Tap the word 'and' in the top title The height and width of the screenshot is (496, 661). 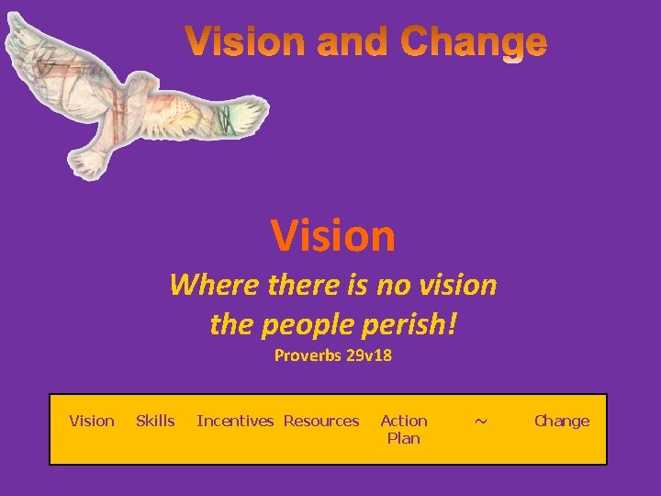pos(352,43)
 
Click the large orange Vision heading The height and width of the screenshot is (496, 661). pos(333,236)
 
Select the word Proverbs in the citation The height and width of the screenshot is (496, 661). pos(308,355)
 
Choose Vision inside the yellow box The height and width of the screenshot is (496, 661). pos(92,422)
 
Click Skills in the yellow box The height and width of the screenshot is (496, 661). pos(155,422)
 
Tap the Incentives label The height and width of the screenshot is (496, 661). pos(235,422)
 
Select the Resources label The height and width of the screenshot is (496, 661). pos(321,422)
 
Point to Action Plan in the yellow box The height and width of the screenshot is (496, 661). pos(404,429)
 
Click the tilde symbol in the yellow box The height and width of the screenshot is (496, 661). pos(480,422)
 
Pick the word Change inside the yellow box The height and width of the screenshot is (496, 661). pos(562,422)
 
